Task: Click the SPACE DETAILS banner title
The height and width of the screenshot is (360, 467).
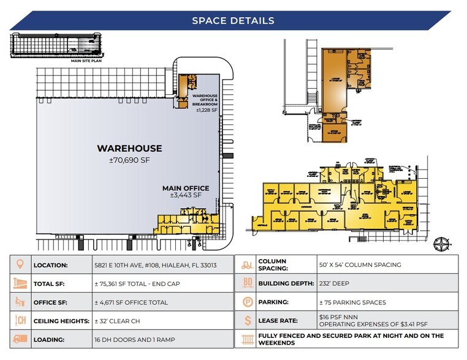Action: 233,20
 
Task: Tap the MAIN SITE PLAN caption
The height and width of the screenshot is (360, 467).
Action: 86,61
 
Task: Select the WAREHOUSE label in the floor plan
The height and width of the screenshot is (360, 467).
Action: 129,148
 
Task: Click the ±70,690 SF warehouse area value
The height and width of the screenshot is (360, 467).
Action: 129,160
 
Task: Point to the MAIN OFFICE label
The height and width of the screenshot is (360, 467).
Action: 185,188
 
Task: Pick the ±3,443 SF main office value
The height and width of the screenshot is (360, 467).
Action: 185,196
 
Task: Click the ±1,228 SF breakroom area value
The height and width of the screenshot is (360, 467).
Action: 206,110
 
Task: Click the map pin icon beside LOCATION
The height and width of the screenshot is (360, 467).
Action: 20,266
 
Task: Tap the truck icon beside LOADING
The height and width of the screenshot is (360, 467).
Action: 20,339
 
